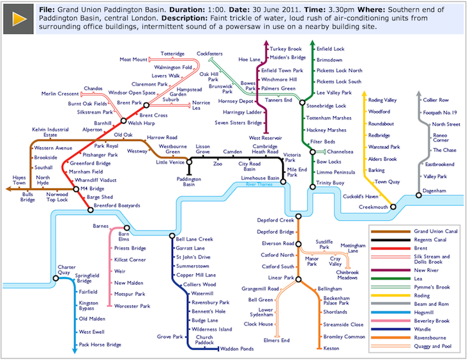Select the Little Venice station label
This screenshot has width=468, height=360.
point(170,163)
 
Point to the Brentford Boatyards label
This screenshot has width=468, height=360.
point(116,206)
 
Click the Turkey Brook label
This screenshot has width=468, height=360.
point(285,49)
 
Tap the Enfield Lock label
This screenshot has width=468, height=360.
point(330,49)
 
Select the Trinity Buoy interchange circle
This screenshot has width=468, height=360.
point(312,186)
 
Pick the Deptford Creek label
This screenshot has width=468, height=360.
point(275,220)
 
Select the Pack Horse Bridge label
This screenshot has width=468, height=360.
point(100,344)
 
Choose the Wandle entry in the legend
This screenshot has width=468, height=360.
point(423,329)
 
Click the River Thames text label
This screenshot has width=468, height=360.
point(259,184)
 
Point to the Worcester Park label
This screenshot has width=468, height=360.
point(132,306)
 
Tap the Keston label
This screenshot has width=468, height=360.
point(331,349)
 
